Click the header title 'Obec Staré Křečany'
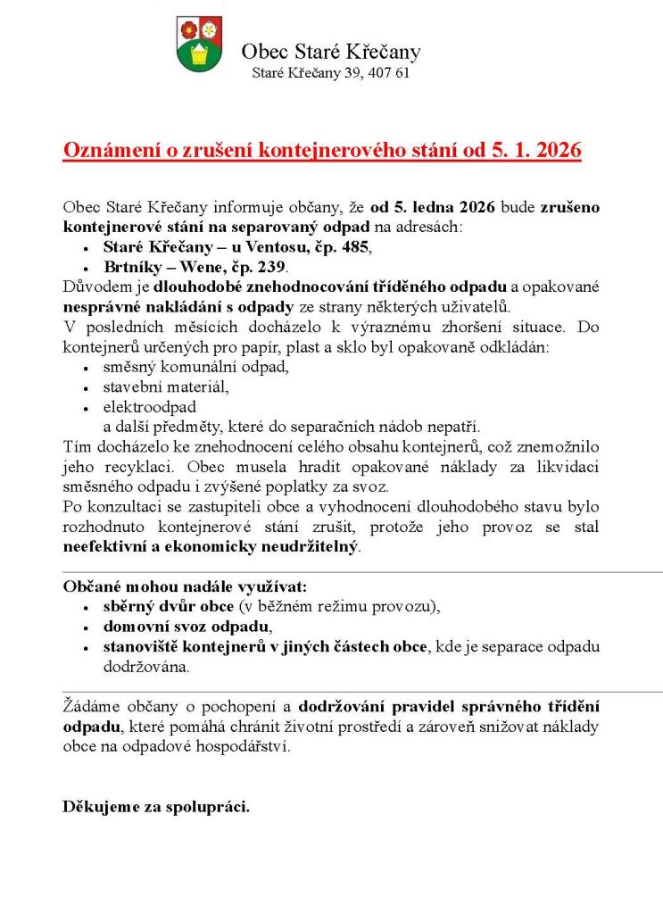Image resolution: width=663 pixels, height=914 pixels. (x=330, y=52)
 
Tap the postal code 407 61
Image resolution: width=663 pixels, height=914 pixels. (x=390, y=73)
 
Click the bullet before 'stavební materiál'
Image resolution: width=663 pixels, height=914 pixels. (x=85, y=387)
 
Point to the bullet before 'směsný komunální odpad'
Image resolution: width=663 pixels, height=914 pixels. (x=85, y=367)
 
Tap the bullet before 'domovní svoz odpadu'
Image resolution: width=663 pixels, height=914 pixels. (x=85, y=627)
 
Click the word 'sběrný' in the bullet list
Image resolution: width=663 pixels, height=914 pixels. (x=129, y=606)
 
